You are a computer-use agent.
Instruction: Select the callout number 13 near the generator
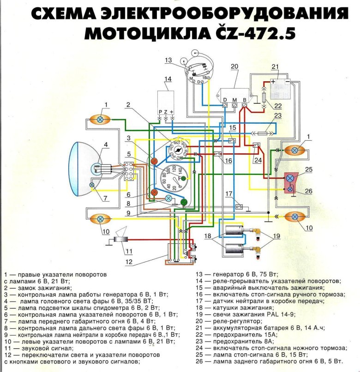[168, 60]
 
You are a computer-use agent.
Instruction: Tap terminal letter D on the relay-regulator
[225, 100]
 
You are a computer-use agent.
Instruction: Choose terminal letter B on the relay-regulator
[245, 100]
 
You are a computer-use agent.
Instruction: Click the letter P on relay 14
[160, 112]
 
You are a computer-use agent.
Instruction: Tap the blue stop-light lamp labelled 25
[290, 178]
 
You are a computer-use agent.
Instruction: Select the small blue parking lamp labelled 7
[92, 185]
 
